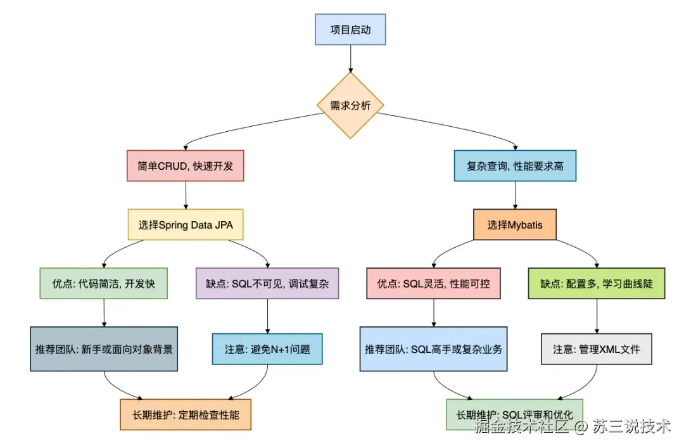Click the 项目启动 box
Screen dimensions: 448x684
(350, 30)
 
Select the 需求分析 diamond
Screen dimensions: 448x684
(350, 105)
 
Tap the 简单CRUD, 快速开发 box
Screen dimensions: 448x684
(185, 166)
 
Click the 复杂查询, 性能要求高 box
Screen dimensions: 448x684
(515, 166)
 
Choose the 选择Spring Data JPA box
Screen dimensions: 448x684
(185, 224)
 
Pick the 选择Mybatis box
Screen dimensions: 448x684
(515, 224)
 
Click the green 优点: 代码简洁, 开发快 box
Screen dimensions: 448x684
(103, 283)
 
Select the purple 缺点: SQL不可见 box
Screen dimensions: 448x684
(267, 283)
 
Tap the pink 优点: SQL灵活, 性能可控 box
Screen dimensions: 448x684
(433, 283)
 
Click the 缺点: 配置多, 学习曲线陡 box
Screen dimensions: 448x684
(597, 283)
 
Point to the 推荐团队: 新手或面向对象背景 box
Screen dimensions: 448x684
(104, 349)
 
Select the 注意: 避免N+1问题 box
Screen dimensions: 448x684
(267, 349)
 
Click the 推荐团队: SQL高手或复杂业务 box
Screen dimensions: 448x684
(433, 349)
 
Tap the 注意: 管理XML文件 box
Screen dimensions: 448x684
(597, 349)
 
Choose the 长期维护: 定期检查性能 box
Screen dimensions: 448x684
(186, 415)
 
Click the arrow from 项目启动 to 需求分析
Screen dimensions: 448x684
(350, 58)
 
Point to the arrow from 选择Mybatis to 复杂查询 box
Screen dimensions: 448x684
(515, 195)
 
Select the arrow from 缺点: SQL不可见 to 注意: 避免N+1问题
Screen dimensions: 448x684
(267, 316)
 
